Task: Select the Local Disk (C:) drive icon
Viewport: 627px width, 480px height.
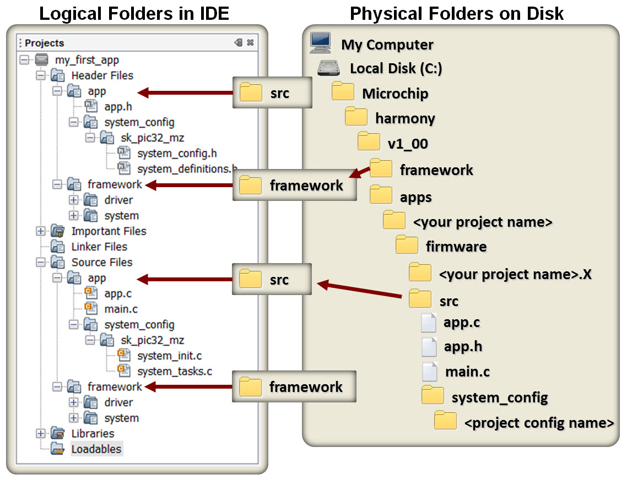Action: coord(329,68)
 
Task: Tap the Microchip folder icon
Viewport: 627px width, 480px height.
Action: coord(343,92)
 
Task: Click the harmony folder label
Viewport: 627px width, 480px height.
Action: coord(405,118)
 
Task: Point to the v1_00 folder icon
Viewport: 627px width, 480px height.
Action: coord(369,142)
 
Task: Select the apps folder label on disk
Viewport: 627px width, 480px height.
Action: coord(415,197)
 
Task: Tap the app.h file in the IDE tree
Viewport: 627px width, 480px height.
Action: coord(118,107)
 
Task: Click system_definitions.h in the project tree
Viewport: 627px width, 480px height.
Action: coord(187,168)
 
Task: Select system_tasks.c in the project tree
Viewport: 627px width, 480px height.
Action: coord(174,372)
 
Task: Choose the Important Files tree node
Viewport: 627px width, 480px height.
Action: coord(109,231)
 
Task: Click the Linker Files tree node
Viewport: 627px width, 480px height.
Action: coord(99,247)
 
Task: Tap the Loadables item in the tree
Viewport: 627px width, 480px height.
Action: coord(96,449)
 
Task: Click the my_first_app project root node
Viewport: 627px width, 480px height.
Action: coord(87,60)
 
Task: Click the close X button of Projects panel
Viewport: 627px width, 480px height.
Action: coord(250,43)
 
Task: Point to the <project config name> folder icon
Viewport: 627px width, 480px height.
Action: coord(445,421)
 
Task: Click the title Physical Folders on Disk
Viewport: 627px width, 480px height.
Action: coord(457,14)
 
